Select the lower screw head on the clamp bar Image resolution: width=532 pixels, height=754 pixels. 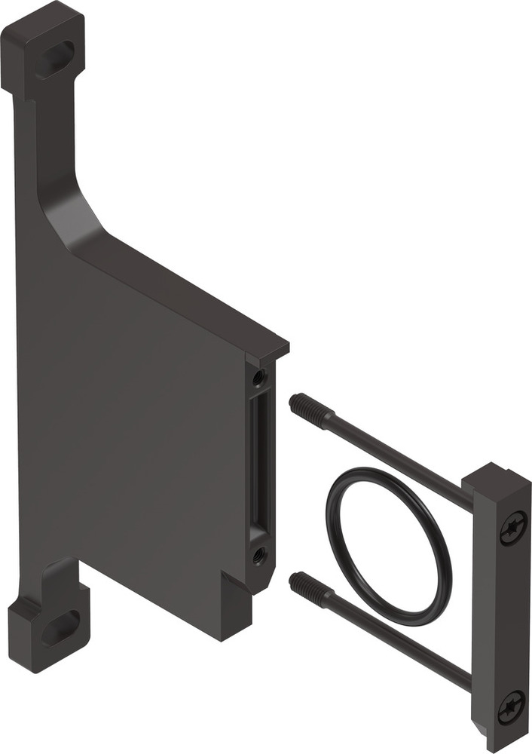(x=512, y=706)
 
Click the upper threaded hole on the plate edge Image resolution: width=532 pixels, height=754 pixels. (x=259, y=377)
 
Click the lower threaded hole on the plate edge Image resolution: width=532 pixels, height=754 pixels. (x=259, y=556)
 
